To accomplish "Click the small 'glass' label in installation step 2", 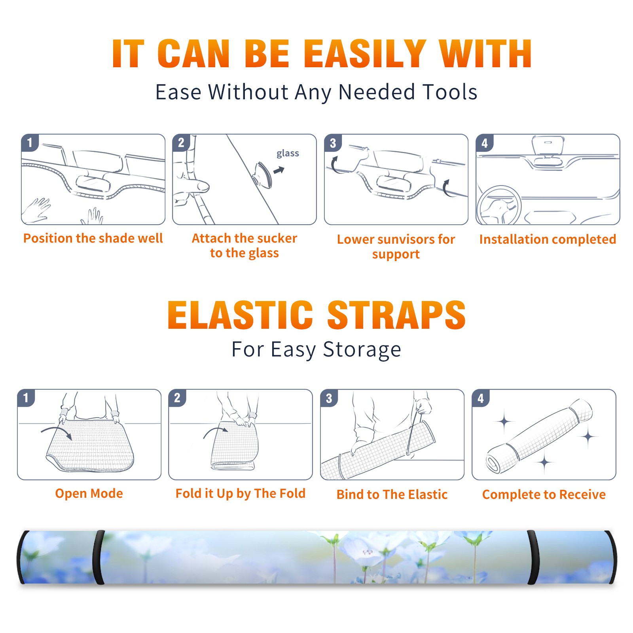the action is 288,154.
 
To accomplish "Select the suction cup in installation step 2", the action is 262,174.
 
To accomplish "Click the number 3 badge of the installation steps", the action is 333,143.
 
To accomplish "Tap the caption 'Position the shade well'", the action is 93,238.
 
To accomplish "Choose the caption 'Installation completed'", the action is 548,239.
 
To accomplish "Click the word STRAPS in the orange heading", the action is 396,315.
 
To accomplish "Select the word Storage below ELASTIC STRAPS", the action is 362,350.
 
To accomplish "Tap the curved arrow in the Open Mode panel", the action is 57,432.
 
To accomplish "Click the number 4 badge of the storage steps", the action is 481,398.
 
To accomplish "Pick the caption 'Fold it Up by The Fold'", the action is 241,493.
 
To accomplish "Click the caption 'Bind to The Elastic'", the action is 392,494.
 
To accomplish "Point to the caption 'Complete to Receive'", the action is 544,494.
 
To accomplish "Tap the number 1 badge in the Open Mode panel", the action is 26,398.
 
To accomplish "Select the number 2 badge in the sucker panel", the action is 181,143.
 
